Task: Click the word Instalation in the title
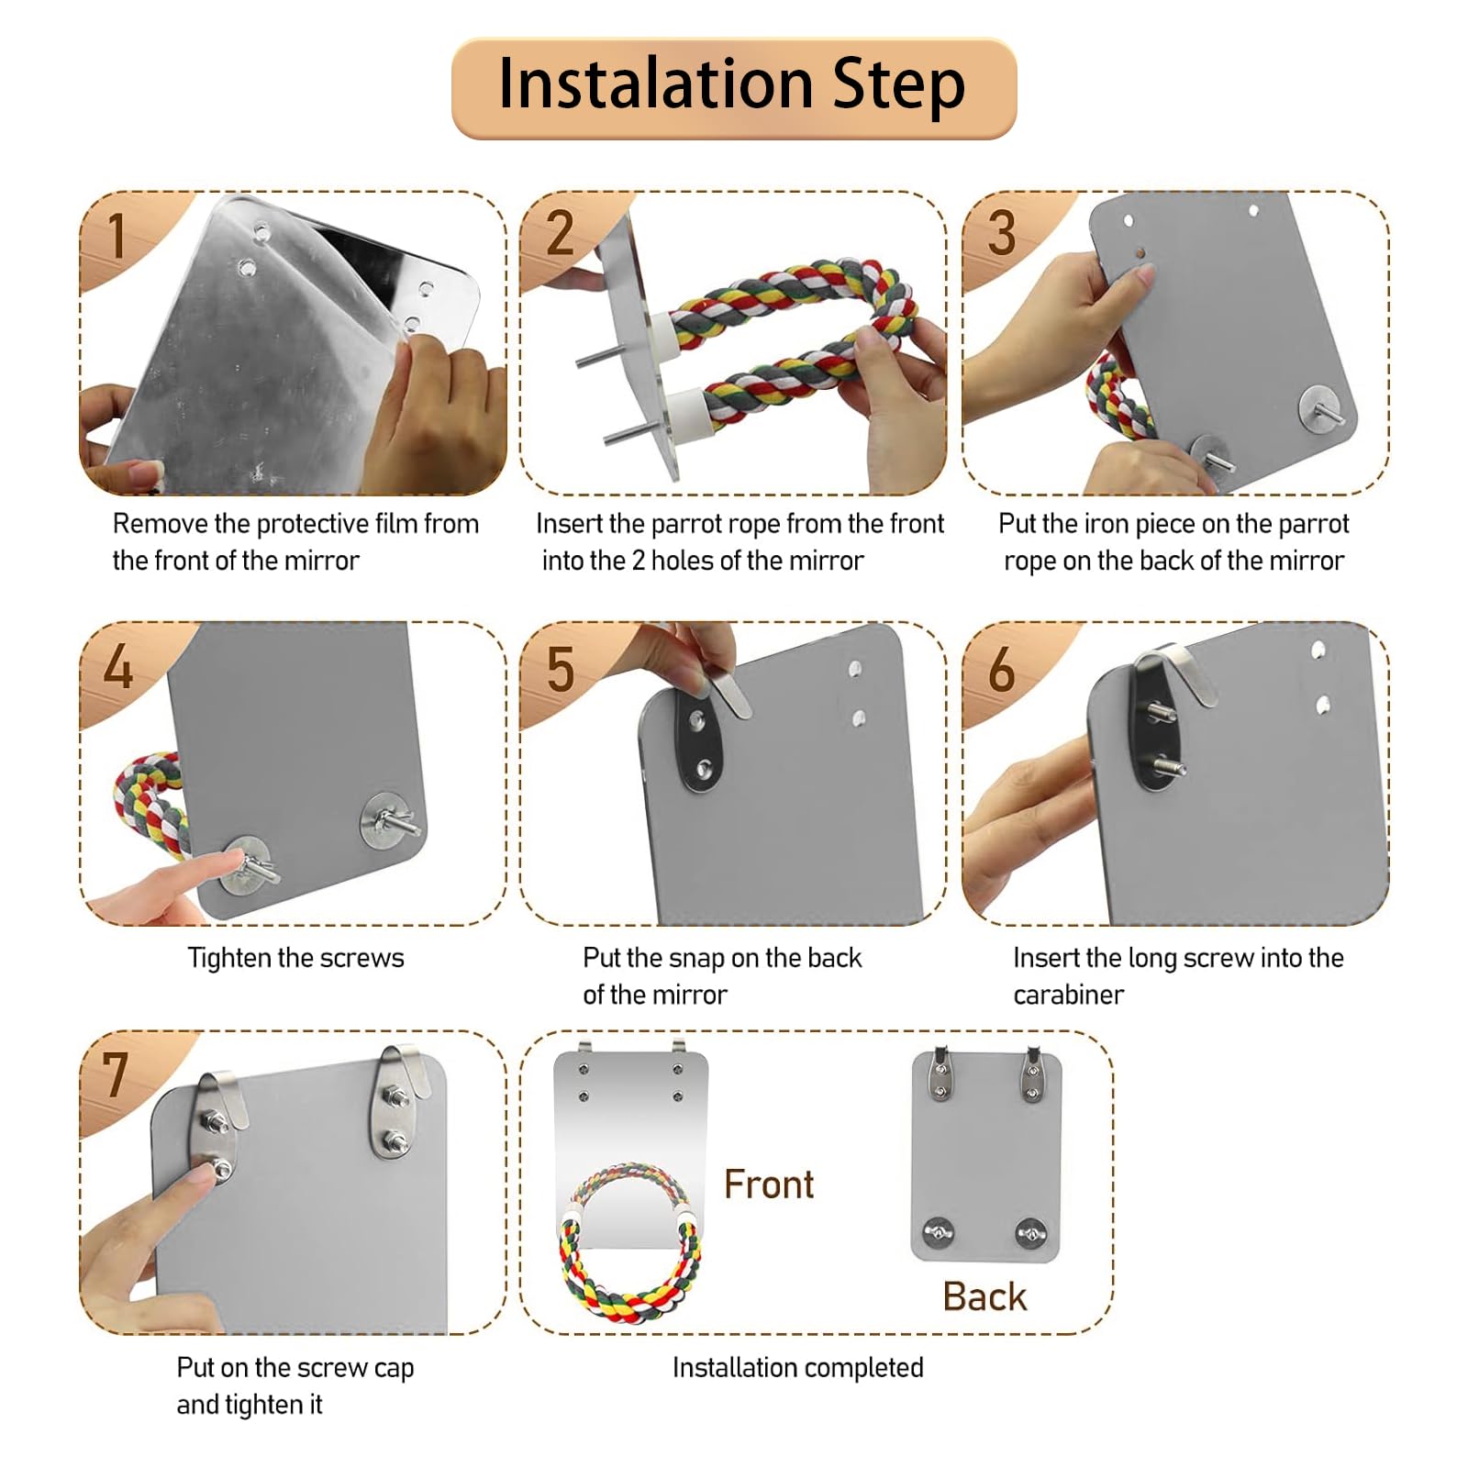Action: pos(656,83)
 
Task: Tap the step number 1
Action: pos(116,236)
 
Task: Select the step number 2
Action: pos(560,233)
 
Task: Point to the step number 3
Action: pos(1002,233)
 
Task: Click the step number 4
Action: pos(117,666)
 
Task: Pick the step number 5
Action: pos(560,669)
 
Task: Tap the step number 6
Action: pos(1002,669)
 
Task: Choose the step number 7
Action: pos(115,1074)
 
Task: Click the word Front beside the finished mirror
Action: pos(769,1184)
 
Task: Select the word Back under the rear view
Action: pos(984,1296)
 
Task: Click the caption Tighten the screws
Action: pos(295,958)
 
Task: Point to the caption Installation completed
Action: pos(797,1367)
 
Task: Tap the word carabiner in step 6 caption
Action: pos(1068,995)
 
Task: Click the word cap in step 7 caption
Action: pos(394,1369)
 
